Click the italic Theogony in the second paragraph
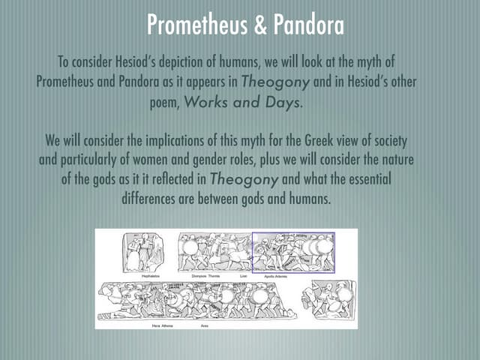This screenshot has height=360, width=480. pos(243,180)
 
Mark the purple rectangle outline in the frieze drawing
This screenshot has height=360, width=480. pos(293,232)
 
